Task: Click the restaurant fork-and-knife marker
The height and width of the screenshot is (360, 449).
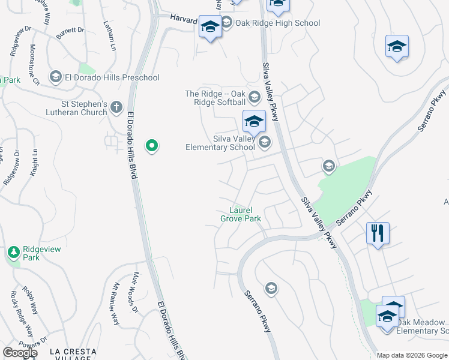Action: pos(378,233)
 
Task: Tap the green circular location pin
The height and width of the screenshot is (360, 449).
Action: pos(152,145)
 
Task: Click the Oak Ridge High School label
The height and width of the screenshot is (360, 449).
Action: pos(278,23)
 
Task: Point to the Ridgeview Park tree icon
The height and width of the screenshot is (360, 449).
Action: pos(14,253)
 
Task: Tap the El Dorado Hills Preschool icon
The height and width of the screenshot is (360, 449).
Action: pos(56,77)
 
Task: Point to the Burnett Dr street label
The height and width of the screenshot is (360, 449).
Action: pos(71,30)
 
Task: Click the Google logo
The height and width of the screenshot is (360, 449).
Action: pos(20,353)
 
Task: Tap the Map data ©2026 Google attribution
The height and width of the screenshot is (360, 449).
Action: pos(412,355)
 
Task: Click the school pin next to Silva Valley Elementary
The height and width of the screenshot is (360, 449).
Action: pos(254,121)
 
